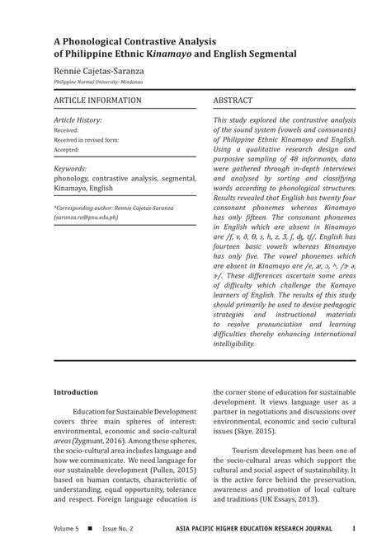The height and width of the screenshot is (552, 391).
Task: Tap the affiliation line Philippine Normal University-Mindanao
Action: click(98, 83)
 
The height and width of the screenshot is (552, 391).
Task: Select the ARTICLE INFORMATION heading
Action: click(97, 101)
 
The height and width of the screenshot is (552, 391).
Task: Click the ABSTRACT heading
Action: click(233, 101)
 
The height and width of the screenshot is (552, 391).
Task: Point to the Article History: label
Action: click(78, 120)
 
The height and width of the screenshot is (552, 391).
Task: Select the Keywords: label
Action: click(72, 167)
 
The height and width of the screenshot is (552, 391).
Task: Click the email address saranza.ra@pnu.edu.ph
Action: click(87, 218)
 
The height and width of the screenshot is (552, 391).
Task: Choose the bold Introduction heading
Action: click(76, 392)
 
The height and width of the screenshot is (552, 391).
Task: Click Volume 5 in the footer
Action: click(66, 528)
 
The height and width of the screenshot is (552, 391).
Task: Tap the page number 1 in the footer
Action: click(354, 528)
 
